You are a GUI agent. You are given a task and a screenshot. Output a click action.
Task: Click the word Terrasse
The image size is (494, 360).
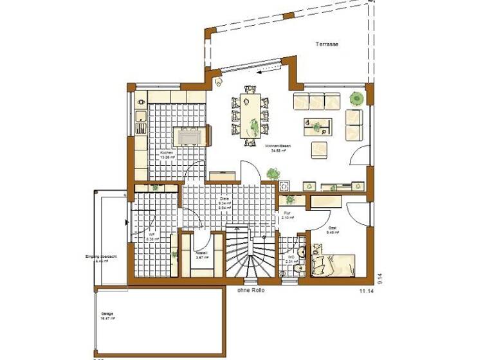click(327, 44)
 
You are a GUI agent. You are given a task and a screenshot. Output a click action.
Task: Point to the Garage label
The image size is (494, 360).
click(107, 315)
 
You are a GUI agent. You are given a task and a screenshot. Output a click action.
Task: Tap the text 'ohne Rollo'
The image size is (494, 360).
click(250, 290)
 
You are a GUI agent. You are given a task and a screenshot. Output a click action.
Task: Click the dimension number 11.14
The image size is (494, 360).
click(367, 291)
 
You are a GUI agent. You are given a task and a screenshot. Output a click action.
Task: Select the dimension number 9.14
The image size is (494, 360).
click(380, 278)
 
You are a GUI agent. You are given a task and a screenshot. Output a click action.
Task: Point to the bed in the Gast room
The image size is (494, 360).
click(333, 264)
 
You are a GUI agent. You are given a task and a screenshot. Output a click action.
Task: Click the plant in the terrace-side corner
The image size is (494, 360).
click(355, 99)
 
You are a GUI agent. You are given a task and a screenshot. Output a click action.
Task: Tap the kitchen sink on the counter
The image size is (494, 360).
click(140, 118)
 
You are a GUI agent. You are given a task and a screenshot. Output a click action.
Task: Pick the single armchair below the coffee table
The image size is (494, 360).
click(320, 149)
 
